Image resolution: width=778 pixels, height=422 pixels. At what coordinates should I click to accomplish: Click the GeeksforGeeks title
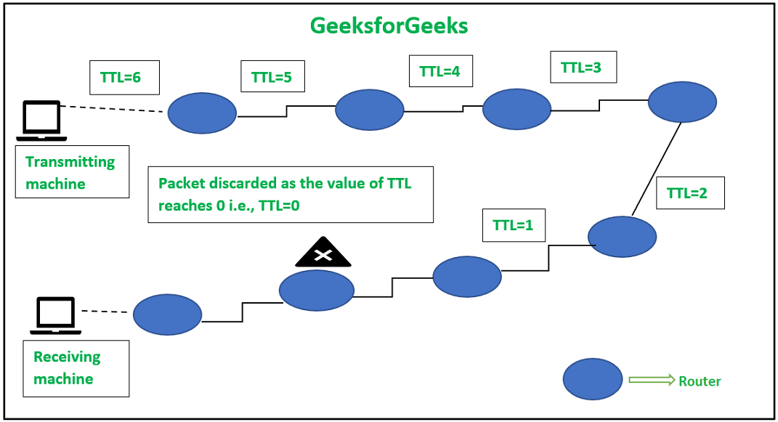[x=389, y=26]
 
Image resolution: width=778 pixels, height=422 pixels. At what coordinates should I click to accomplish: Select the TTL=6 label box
[x=124, y=77]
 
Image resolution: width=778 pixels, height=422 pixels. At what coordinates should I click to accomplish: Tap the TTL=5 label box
[x=272, y=77]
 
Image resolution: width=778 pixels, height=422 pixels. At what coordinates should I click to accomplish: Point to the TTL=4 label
[x=440, y=72]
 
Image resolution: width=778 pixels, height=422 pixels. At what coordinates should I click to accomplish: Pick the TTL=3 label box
[x=583, y=68]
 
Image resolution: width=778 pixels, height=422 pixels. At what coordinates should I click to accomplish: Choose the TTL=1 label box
[x=514, y=225]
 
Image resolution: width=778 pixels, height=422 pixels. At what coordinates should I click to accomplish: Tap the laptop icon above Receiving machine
[x=56, y=315]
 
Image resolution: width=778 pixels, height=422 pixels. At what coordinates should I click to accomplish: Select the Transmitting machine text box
[x=72, y=172]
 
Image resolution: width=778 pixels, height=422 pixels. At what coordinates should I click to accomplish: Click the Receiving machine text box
[x=76, y=368]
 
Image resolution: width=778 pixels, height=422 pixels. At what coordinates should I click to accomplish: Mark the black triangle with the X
[x=323, y=253]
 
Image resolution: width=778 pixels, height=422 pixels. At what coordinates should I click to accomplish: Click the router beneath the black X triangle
[x=317, y=290]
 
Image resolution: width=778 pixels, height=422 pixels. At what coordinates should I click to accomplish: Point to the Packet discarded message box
[x=290, y=195]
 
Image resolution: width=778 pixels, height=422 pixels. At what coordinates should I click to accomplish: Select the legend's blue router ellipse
[x=593, y=379]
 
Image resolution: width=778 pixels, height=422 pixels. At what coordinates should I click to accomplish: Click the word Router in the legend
[x=700, y=381]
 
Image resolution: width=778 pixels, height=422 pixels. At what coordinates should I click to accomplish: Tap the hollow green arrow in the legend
[x=651, y=380]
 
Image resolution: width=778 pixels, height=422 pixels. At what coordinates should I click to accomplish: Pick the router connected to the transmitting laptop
[x=202, y=113]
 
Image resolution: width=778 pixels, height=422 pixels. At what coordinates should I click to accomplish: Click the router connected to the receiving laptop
[x=167, y=314]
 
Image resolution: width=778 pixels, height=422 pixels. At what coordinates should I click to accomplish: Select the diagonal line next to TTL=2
[x=657, y=169]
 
